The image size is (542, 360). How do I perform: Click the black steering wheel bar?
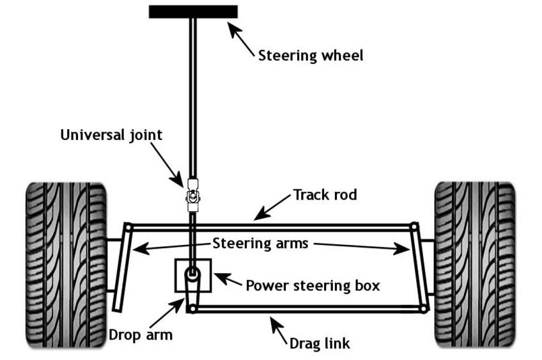pos(193,12)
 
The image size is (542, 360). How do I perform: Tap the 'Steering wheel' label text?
pos(311,56)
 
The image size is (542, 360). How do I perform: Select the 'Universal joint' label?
pos(111,135)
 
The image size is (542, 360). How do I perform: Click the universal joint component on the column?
pos(192,194)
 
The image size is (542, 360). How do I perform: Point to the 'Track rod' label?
pos(325,194)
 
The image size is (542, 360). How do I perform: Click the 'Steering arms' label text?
pos(260,243)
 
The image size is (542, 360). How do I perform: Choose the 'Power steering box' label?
pos(313,285)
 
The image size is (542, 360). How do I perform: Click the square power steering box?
pos(193,276)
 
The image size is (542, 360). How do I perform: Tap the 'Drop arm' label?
pos(141,334)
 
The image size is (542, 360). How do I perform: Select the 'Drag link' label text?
pos(320,343)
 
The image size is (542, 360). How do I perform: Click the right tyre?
pos(474,264)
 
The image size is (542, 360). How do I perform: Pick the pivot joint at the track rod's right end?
pos(414,226)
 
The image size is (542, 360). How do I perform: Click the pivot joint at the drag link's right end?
pos(423,309)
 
